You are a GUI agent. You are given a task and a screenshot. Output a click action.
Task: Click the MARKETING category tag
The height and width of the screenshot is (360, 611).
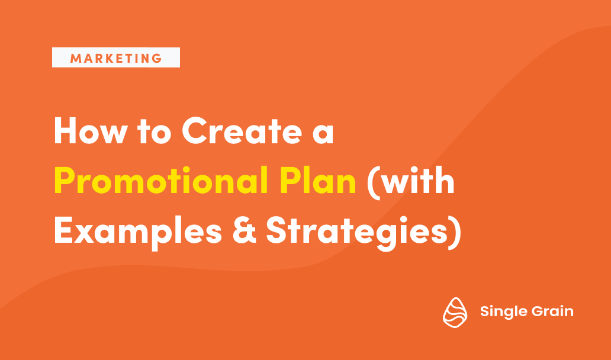point(116,58)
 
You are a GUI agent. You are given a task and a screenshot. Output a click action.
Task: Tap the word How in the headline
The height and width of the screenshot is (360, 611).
point(89,132)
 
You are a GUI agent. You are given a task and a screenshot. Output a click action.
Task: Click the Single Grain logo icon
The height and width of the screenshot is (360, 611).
point(455,311)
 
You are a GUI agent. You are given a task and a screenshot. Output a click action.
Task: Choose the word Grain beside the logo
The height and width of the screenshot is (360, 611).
point(552,311)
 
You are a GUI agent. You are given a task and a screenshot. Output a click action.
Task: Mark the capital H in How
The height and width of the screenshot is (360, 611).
point(65,132)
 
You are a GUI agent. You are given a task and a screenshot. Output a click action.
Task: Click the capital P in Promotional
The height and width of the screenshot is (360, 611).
point(65,181)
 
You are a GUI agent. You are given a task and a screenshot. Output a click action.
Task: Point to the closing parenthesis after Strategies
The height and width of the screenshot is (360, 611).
point(454,232)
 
